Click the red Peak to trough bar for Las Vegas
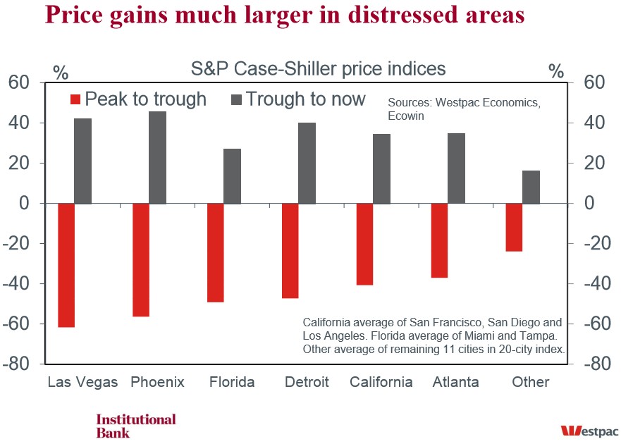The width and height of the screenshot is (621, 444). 66,265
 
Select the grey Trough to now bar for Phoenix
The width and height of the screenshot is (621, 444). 158,157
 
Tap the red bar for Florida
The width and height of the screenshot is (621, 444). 216,252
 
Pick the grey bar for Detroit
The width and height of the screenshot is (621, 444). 307,163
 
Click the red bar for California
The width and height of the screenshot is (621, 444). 364,244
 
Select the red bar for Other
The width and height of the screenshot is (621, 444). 514,227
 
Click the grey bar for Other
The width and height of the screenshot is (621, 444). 531,187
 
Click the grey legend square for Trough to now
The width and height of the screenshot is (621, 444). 236,99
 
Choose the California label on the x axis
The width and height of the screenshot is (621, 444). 381,382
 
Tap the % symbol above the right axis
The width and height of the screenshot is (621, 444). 556,71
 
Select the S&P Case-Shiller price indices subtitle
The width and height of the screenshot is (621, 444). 319,69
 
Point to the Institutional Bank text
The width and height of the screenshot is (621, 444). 135,426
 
